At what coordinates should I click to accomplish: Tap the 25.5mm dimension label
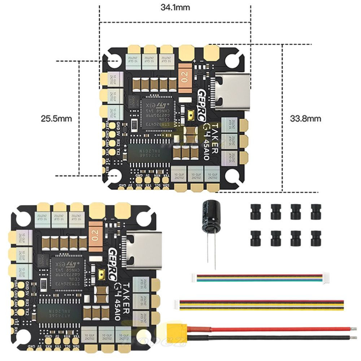[56, 118]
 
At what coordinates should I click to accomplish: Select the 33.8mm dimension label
[305, 118]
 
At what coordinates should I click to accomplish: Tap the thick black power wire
[271, 338]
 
